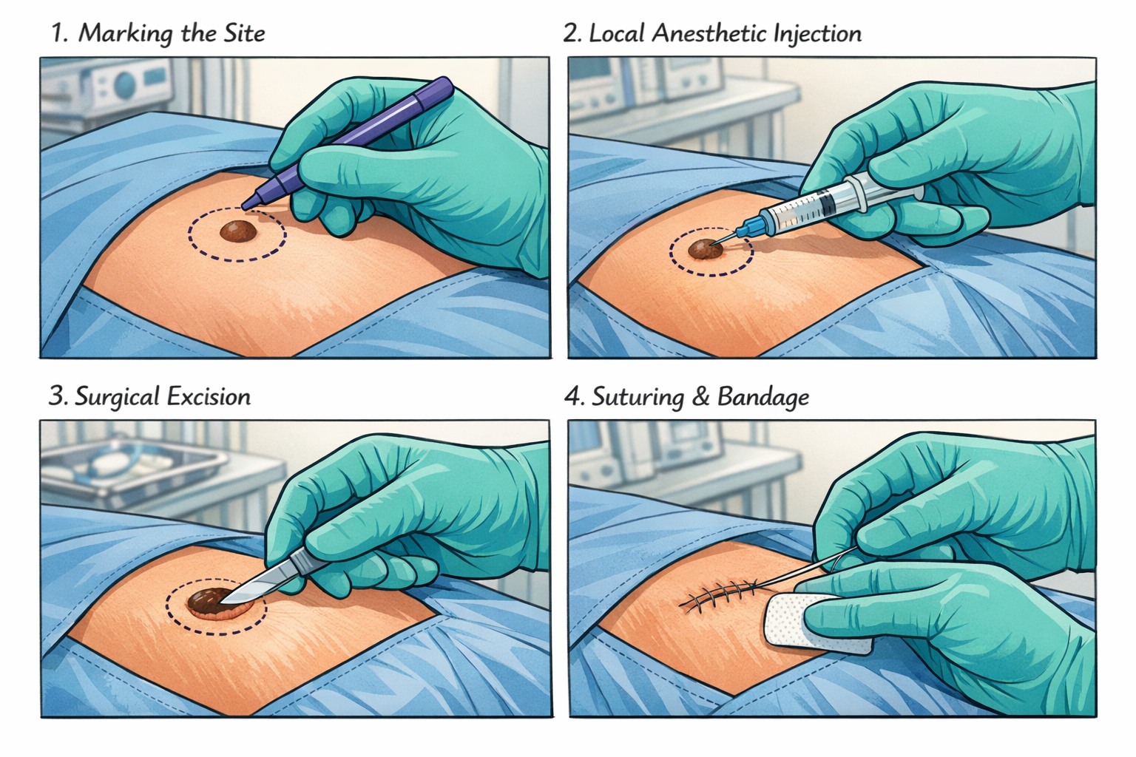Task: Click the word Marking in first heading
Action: tap(124, 33)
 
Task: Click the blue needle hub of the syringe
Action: tap(753, 226)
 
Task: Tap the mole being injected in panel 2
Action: tap(705, 250)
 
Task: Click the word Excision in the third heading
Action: tap(209, 397)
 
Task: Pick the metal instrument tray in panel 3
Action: tap(133, 465)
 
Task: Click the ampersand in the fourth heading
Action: tap(700, 397)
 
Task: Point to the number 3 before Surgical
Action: tap(56, 397)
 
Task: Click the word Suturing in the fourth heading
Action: tap(638, 397)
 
